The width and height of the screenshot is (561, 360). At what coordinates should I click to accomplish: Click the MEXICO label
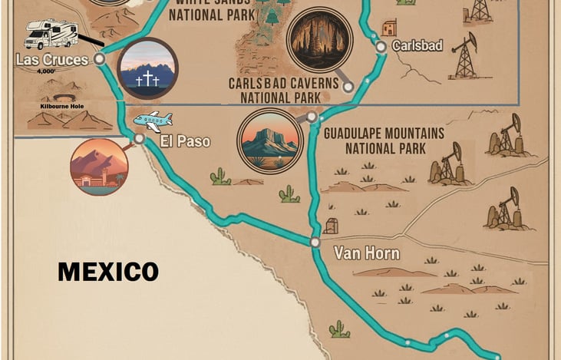pyautogui.click(x=108, y=271)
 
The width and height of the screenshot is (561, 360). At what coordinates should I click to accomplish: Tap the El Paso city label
pyautogui.click(x=184, y=141)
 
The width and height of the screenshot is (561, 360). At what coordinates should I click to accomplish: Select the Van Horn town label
pyautogui.click(x=366, y=253)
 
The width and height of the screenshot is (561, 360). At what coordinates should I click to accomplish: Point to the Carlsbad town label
pyautogui.click(x=417, y=46)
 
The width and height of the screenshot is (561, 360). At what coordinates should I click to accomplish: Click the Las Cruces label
pyautogui.click(x=51, y=60)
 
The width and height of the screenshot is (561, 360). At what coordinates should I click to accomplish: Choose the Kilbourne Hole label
pyautogui.click(x=61, y=106)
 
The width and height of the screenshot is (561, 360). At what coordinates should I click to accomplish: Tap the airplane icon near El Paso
pyautogui.click(x=153, y=121)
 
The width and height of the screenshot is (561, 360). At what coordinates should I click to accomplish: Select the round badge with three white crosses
pyautogui.click(x=148, y=69)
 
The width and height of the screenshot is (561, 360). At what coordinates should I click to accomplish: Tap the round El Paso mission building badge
pyautogui.click(x=99, y=167)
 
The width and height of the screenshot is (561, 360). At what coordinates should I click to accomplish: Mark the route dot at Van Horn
pyautogui.click(x=315, y=242)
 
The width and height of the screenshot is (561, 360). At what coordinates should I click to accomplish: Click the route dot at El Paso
pyautogui.click(x=139, y=139)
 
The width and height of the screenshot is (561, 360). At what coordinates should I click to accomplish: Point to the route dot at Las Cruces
pyautogui.click(x=100, y=58)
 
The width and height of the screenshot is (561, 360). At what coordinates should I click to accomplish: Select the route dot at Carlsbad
pyautogui.click(x=381, y=48)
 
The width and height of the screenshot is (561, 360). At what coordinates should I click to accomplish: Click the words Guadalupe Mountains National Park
pyautogui.click(x=383, y=140)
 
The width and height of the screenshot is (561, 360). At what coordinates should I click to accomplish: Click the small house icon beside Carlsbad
pyautogui.click(x=390, y=28)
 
